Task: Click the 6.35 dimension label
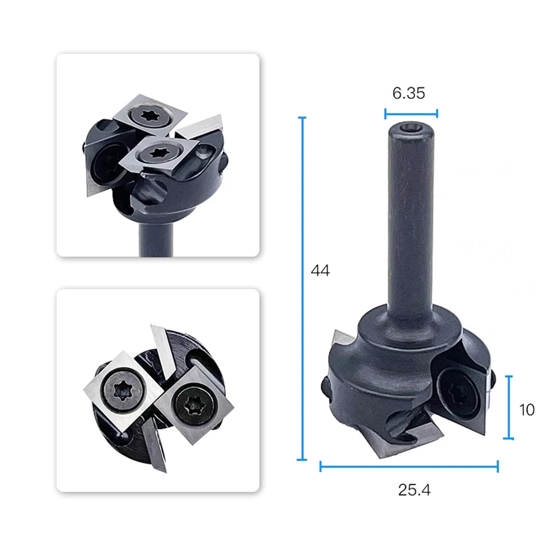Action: (x=409, y=93)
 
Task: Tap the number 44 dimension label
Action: (x=320, y=271)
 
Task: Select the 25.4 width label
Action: (x=414, y=490)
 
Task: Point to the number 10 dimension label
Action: (x=527, y=410)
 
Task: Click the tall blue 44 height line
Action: (x=302, y=288)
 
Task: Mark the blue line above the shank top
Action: (x=411, y=114)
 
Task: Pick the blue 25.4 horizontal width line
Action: (x=409, y=466)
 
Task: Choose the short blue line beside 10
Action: (x=509, y=407)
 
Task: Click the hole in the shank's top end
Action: (x=410, y=128)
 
